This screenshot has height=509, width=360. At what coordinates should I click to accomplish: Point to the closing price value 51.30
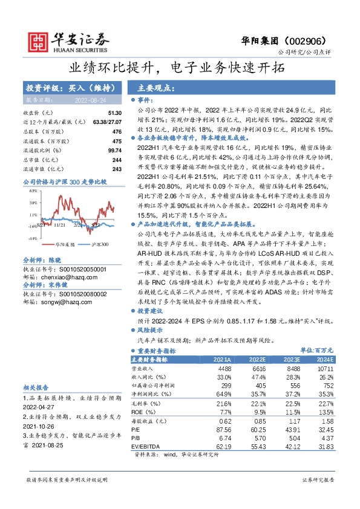(115, 113)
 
